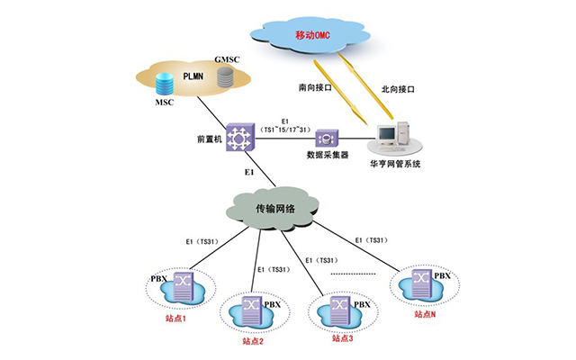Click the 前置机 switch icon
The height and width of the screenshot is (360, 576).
point(240,137)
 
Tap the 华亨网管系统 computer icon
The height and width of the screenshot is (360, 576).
point(394,135)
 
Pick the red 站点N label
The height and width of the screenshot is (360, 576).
point(427,314)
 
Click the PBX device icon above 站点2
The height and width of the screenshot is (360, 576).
point(254,310)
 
